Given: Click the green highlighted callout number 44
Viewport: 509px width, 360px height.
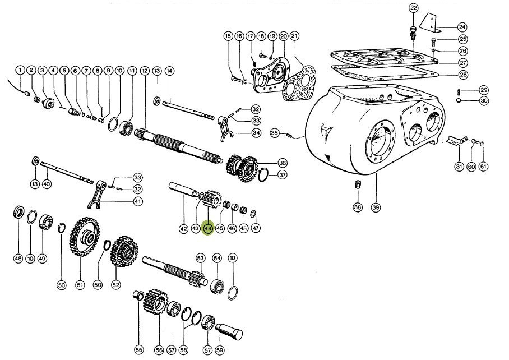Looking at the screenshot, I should click(208, 228).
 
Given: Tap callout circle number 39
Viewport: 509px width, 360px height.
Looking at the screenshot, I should click(376, 207).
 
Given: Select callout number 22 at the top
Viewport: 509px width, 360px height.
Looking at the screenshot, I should click(413, 8).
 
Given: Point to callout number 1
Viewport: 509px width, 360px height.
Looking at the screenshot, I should click(20, 71).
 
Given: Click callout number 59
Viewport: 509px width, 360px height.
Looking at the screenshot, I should click(219, 350).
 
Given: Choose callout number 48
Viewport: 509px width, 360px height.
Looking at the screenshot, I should click(18, 259).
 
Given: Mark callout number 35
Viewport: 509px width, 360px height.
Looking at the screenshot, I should click(274, 133).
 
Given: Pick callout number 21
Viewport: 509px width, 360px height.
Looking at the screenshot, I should click(295, 36).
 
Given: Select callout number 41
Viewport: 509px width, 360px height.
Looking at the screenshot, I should click(137, 201).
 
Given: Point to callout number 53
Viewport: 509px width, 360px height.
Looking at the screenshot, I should click(200, 258).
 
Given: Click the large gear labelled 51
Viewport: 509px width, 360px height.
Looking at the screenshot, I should click(84, 238).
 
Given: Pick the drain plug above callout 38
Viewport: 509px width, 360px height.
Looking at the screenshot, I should click(357, 185).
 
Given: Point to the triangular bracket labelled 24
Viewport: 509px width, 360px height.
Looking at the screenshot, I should click(428, 22).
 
